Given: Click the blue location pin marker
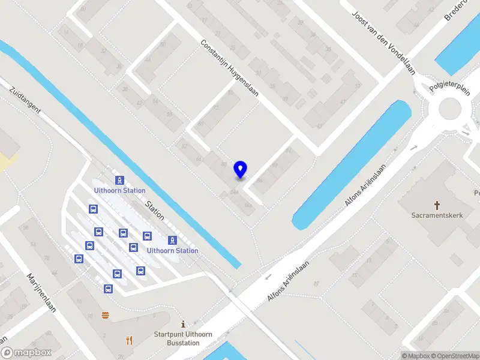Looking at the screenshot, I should click(x=241, y=169).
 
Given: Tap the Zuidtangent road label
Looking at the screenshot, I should click(x=25, y=100).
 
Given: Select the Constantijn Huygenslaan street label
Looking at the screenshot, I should click(x=229, y=68).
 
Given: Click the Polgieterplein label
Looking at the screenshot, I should click(x=450, y=88).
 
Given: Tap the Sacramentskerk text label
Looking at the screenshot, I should click(x=437, y=215).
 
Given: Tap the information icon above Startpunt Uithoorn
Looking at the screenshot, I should click(x=183, y=323).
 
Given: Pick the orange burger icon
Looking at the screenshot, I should click(x=106, y=315).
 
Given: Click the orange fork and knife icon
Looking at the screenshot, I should click(x=129, y=340).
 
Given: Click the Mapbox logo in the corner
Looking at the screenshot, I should click(x=26, y=353).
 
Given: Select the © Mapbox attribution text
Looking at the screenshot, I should click(x=416, y=356).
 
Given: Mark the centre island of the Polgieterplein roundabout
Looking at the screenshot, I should click(x=452, y=110).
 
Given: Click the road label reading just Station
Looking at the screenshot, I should click(x=155, y=211).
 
